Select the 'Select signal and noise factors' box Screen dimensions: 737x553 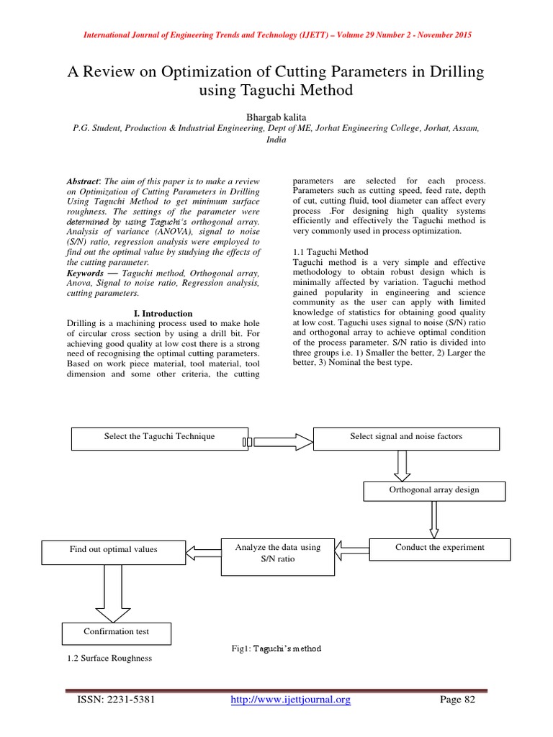[406, 438]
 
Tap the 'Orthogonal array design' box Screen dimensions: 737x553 [434, 491]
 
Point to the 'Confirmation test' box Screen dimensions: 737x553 [116, 633]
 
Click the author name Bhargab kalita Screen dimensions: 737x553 [276, 115]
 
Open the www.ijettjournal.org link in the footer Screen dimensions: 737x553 [291, 700]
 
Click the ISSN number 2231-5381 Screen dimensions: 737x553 [131, 700]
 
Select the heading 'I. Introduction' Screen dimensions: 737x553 [163, 314]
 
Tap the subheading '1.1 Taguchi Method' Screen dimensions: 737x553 [331, 252]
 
